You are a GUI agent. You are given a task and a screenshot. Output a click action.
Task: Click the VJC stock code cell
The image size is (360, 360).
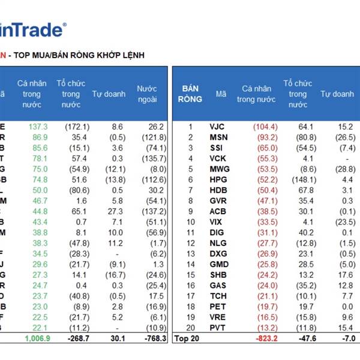coord(217,127)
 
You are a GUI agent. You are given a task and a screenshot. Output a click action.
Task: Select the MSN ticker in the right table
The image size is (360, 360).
coord(218,137)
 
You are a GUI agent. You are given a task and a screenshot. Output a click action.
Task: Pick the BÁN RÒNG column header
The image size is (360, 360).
coord(190,94)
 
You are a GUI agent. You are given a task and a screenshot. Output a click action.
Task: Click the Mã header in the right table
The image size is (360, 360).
coord(221,94)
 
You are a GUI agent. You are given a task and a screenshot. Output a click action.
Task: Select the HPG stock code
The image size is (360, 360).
coord(218,180)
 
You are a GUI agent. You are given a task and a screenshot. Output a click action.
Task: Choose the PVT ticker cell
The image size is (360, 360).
coord(218,328)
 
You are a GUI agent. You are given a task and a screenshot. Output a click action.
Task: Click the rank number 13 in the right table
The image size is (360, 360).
coord(191,254)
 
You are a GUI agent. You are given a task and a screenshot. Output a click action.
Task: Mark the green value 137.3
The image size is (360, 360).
coord(38,127)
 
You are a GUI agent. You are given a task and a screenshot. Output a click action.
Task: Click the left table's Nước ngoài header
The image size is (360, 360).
coord(146,94)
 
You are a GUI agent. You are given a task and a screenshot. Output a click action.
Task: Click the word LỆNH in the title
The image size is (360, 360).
coord(133,55)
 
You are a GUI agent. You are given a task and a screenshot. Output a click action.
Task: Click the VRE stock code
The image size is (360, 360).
coord(218,317)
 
